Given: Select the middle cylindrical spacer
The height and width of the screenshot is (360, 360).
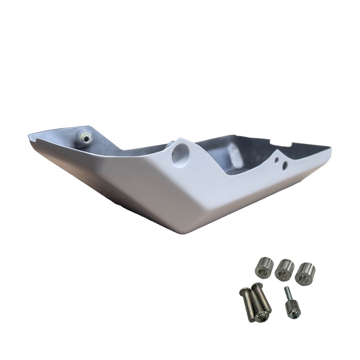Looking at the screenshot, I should click(x=284, y=269).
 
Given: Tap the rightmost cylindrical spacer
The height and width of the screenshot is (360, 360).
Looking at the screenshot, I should click(x=306, y=271).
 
